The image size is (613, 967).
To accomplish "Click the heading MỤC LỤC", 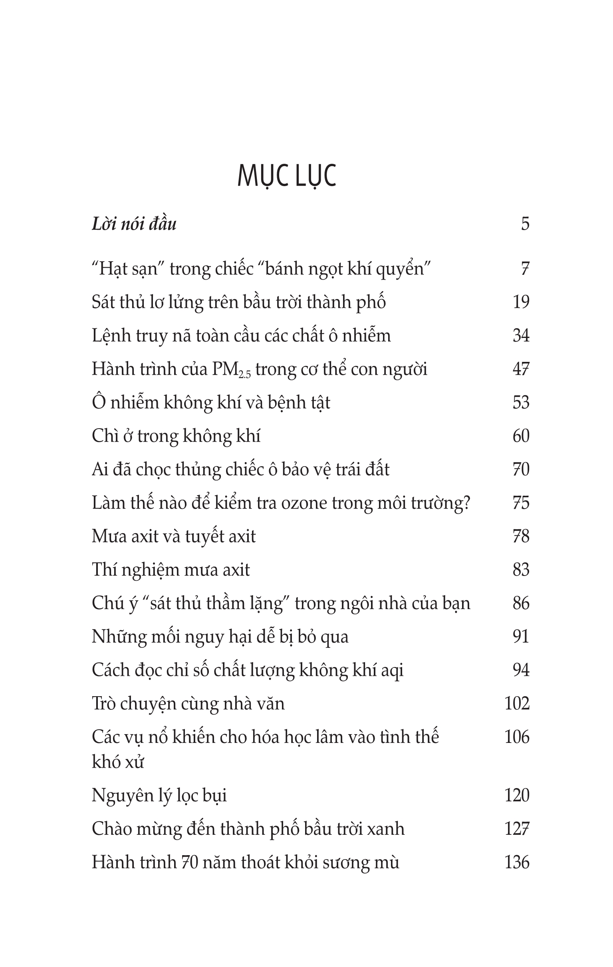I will tap(287, 176).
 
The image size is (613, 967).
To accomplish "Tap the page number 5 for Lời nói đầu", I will tap(525, 224).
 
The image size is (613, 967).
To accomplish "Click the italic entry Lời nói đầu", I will tap(134, 224).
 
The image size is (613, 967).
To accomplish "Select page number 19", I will tap(521, 302).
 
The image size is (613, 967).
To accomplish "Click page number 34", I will tap(521, 336).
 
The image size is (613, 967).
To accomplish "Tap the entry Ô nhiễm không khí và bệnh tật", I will tap(211, 403).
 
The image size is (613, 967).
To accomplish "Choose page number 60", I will tap(521, 436).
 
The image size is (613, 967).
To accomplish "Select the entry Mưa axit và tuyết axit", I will tap(173, 536).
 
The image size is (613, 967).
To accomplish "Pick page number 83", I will tap(521, 570).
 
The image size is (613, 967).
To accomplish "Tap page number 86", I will tap(521, 603).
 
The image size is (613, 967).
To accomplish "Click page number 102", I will tap(517, 703).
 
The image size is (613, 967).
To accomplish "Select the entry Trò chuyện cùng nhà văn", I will tap(188, 704).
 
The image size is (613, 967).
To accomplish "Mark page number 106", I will tap(517, 737).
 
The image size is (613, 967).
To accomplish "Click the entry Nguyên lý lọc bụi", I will tap(159, 796).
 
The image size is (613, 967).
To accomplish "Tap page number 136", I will tap(517, 862).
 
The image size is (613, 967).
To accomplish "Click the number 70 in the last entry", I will tap(189, 863).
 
